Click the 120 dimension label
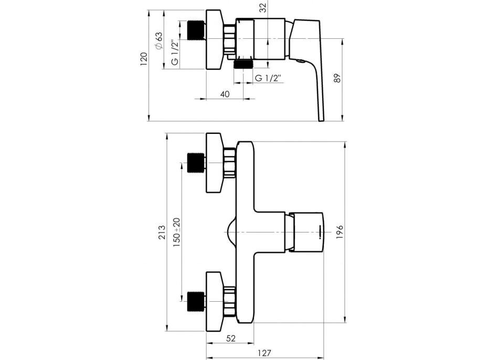[143, 59]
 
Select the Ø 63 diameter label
[158, 40]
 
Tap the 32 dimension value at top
[263, 8]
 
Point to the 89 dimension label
[337, 78]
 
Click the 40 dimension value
[225, 94]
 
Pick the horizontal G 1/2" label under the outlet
[268, 78]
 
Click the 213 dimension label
[162, 232]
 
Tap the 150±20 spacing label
[176, 232]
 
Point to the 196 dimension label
[340, 232]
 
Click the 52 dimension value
[231, 338]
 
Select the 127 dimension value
[264, 353]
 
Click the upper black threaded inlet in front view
[196, 163]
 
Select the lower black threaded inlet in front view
[196, 301]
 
